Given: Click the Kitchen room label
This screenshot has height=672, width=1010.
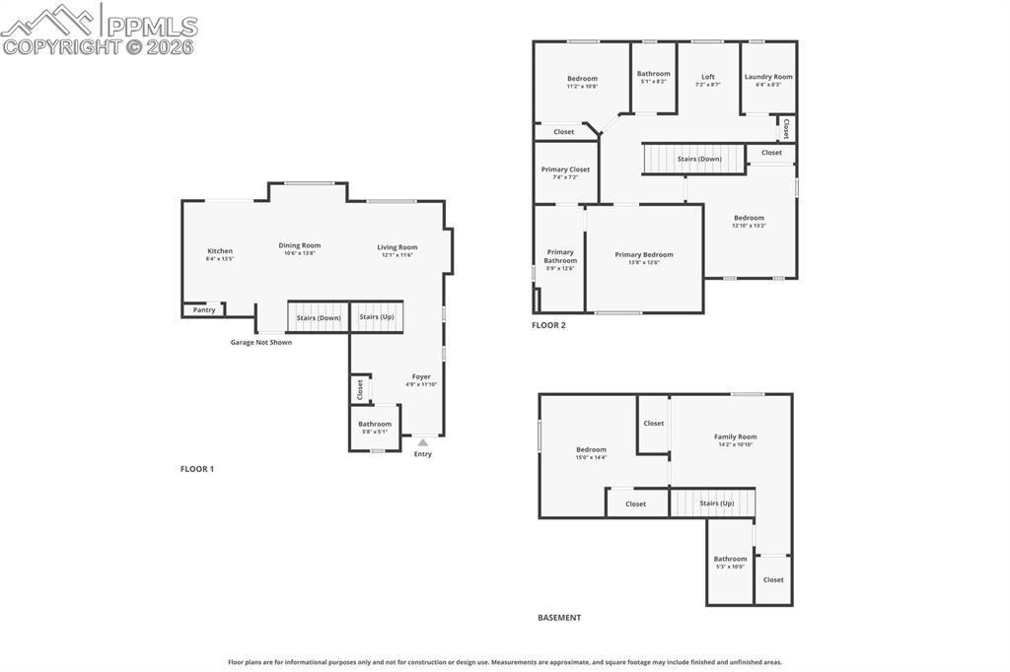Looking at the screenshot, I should click(x=219, y=250).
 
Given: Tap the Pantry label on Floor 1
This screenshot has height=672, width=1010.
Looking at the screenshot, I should click(x=204, y=309).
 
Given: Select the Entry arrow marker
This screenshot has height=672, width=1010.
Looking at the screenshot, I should click(x=422, y=443).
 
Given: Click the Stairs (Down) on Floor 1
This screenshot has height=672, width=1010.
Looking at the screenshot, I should click(x=318, y=317).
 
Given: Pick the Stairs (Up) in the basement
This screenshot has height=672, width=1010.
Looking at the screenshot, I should click(x=716, y=503).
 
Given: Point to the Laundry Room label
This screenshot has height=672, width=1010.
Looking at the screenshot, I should click(x=767, y=76).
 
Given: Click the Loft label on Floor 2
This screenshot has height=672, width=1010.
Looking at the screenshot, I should click(x=707, y=76).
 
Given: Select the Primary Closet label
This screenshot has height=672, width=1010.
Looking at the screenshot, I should click(x=565, y=169).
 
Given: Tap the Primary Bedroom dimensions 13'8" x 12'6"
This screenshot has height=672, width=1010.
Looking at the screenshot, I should click(x=643, y=262).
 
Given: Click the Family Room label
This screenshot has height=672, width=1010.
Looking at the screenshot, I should click(x=735, y=437).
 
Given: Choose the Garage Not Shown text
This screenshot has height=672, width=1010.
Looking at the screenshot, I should click(x=260, y=342).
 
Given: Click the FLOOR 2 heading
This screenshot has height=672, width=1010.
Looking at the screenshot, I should click(x=548, y=325).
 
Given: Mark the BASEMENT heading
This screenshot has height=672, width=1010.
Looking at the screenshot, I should click(x=558, y=618).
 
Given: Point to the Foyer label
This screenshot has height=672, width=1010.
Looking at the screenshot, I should click(x=421, y=376).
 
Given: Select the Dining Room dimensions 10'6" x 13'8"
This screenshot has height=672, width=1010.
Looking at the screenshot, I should click(x=299, y=253).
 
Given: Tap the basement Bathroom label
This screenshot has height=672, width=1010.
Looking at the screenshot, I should click(x=730, y=559).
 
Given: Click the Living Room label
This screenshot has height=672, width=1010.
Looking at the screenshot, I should click(x=397, y=247).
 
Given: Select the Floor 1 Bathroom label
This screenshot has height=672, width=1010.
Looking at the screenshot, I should click(x=375, y=424).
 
